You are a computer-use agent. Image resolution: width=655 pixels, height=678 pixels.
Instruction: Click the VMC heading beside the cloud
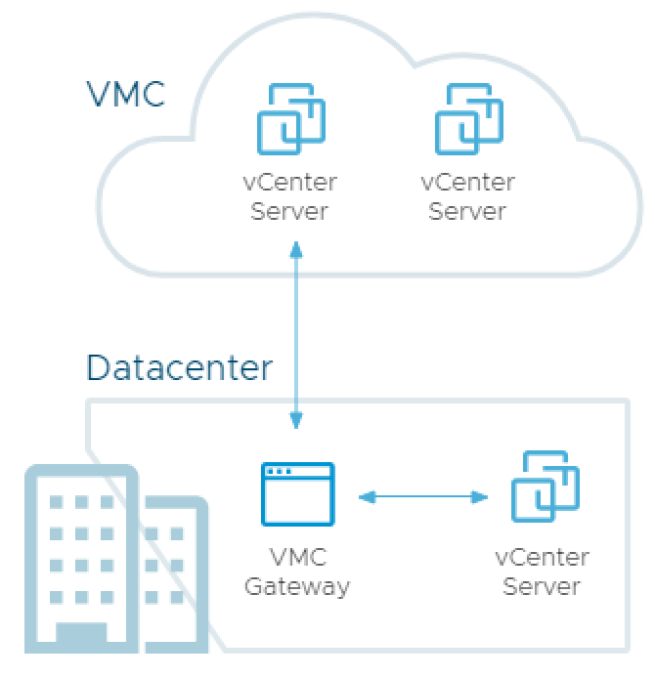point(126,95)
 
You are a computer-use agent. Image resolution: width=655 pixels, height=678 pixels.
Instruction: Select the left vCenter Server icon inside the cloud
point(290,119)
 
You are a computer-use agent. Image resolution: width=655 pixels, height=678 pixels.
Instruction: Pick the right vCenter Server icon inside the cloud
point(469,119)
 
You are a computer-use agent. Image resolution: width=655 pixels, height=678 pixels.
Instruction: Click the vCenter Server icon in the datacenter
point(545,486)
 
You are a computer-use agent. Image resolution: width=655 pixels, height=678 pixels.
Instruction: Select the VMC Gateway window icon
point(297,494)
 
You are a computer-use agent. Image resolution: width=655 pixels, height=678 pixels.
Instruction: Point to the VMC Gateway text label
point(297,572)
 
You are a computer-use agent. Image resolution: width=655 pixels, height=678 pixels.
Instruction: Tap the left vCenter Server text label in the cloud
point(289,197)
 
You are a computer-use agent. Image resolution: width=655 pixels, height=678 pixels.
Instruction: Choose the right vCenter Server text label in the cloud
point(467,197)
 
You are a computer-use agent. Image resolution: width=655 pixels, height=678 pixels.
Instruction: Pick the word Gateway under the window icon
point(297,587)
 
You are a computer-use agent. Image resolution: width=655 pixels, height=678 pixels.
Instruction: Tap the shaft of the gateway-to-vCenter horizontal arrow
point(422,498)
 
